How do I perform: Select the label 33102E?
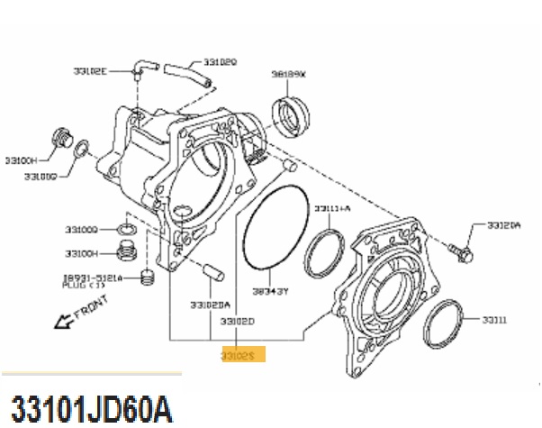[x=90, y=69]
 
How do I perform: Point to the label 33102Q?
[x=220, y=62]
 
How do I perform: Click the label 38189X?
[x=289, y=75]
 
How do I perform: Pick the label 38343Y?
[x=269, y=291]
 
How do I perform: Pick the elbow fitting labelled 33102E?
[x=140, y=69]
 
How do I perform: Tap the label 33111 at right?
[x=494, y=320]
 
